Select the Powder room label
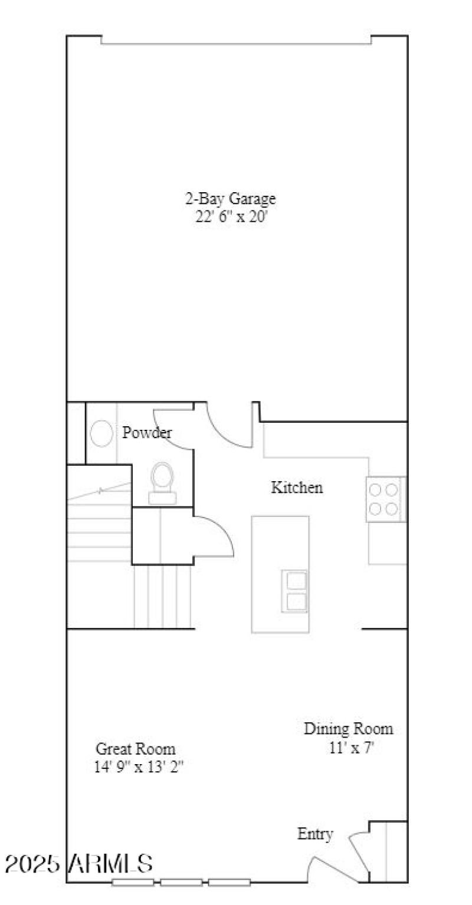tap(147, 433)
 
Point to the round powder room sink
tap(101, 434)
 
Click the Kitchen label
tap(297, 488)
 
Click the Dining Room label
tap(348, 729)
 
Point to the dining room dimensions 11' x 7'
tap(352, 748)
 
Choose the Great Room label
tap(136, 749)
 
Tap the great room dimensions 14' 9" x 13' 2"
tap(140, 766)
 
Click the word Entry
tap(315, 834)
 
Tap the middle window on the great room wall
tap(181, 883)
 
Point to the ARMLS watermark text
tap(112, 864)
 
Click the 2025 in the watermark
tap(32, 864)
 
